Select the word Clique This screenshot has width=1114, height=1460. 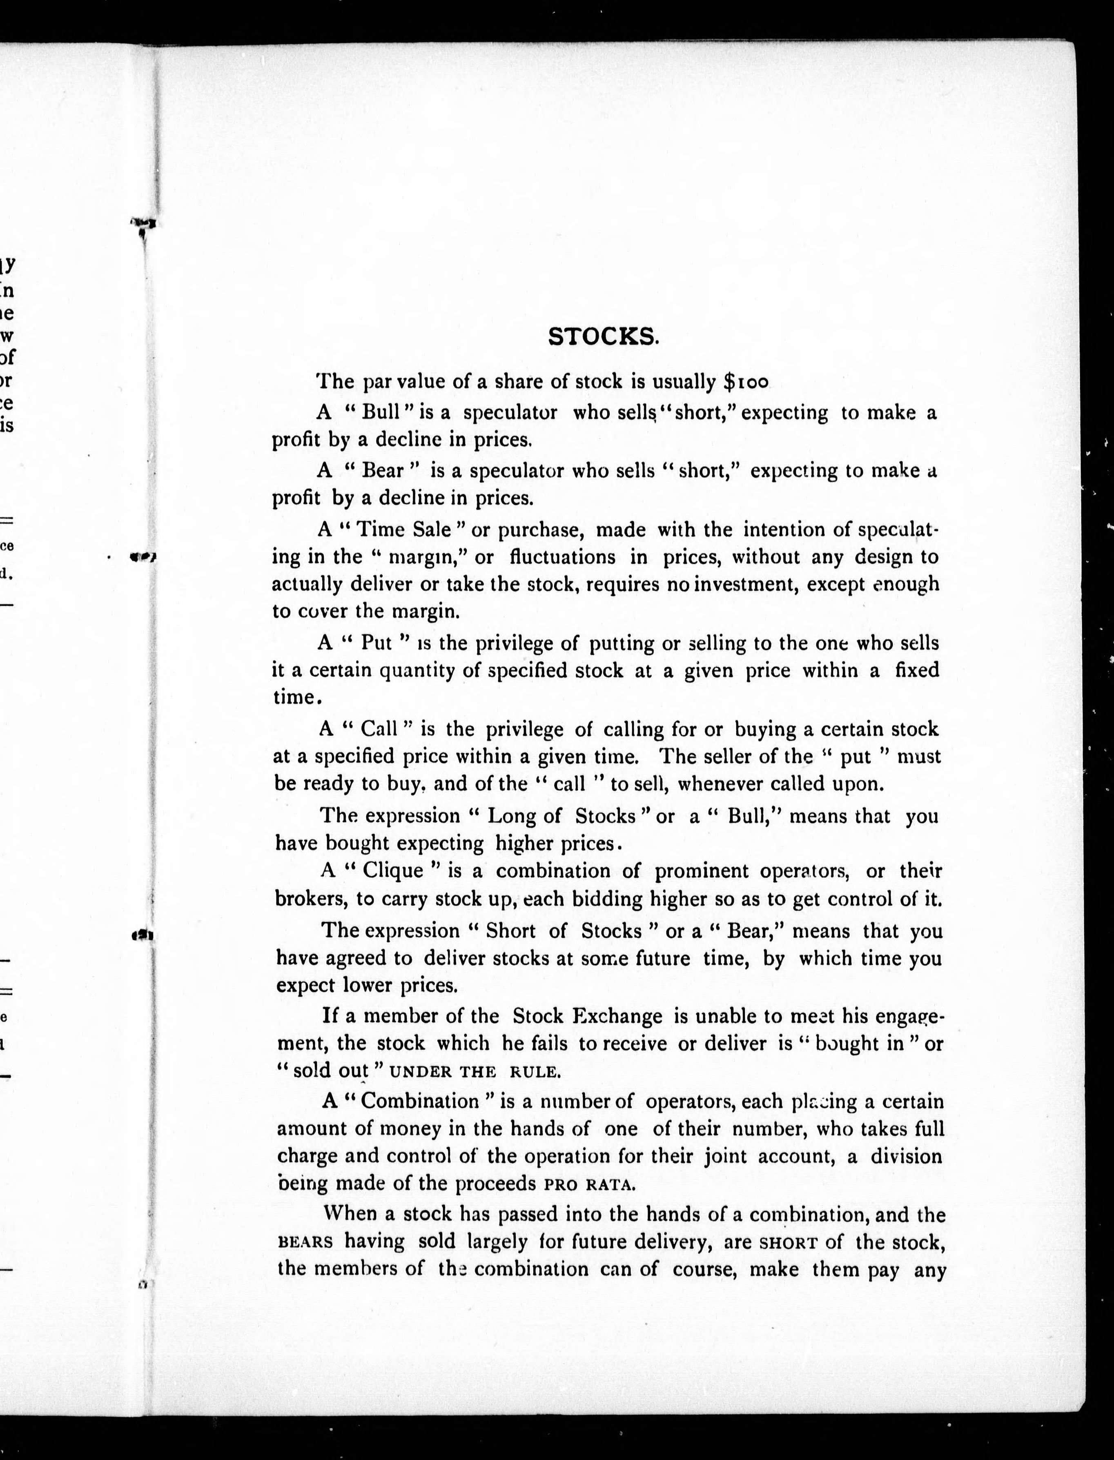click(395, 871)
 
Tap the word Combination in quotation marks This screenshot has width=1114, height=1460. click(420, 1101)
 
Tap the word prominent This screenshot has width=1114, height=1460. click(702, 871)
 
